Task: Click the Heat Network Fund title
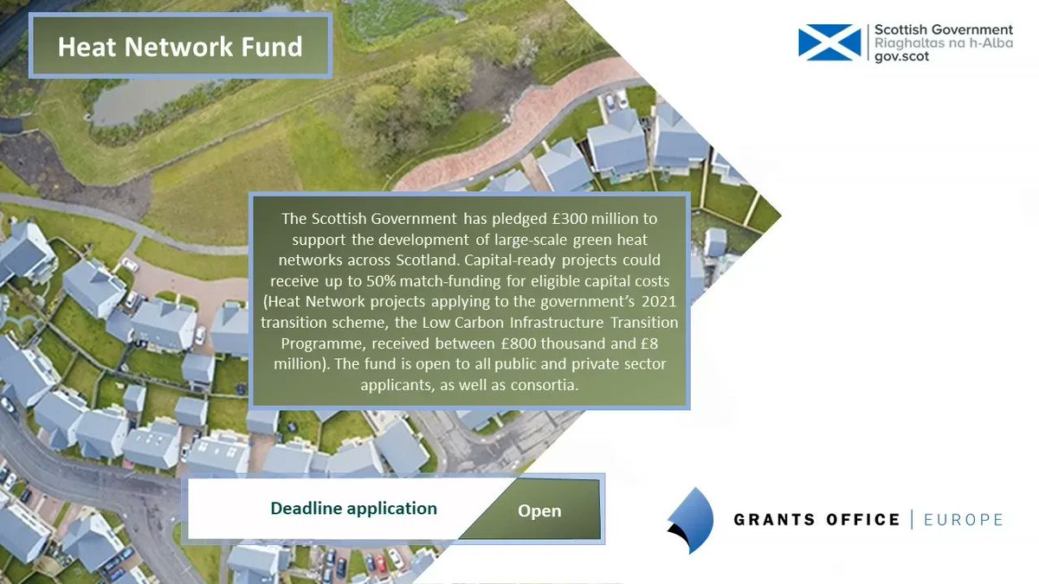click(180, 46)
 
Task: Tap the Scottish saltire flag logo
click(829, 42)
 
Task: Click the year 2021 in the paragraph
click(656, 303)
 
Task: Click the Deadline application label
click(353, 509)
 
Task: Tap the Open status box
click(539, 510)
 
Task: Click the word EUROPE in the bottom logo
click(963, 520)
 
